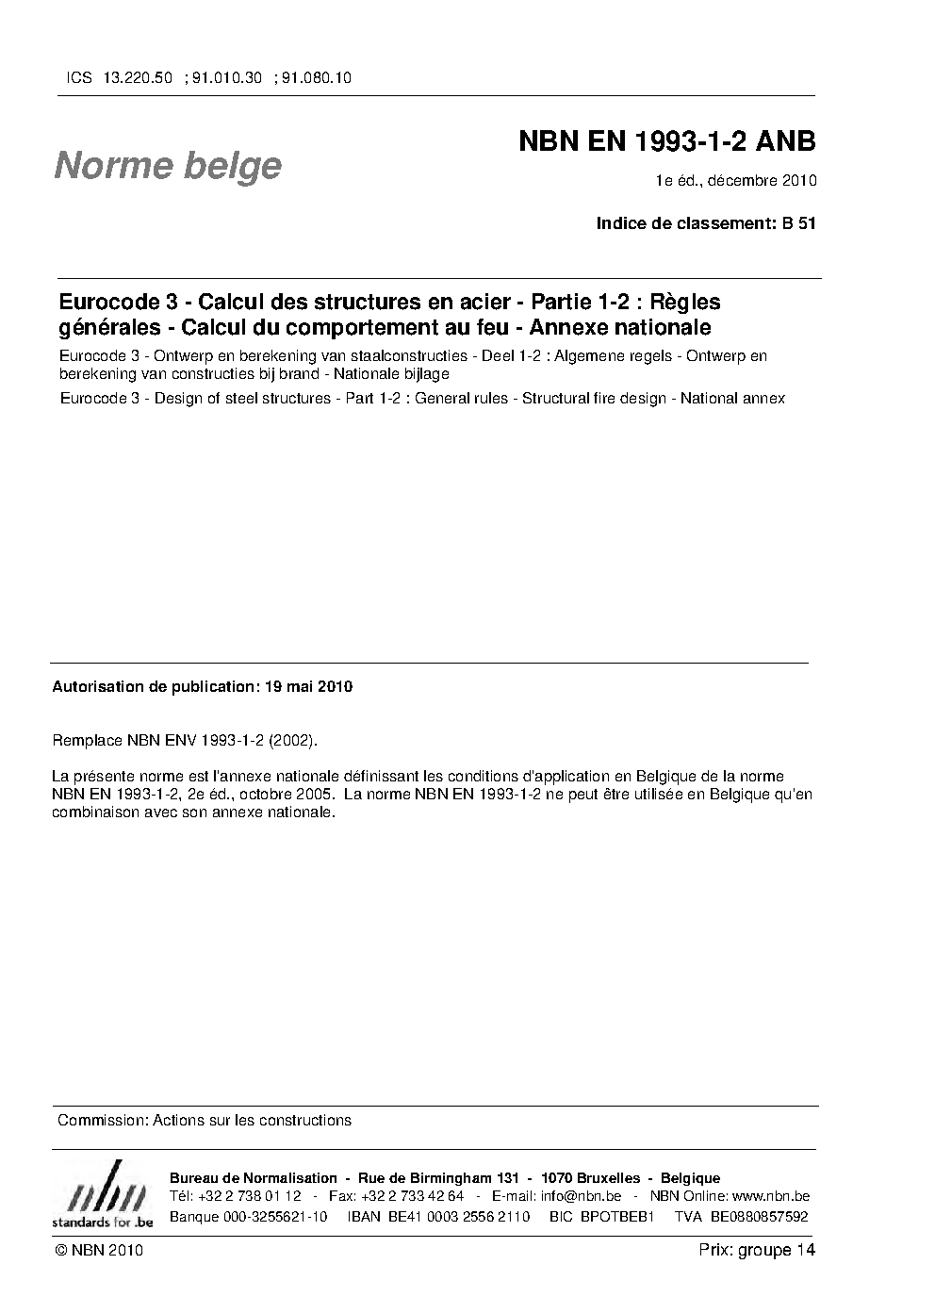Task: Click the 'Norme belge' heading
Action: pyautogui.click(x=168, y=166)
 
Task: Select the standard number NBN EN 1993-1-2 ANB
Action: pyautogui.click(x=666, y=141)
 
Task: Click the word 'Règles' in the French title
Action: pyautogui.click(x=685, y=303)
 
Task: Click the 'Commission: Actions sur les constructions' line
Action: pyautogui.click(x=205, y=1120)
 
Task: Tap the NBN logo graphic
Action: pyautogui.click(x=102, y=1192)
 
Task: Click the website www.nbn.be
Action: pyautogui.click(x=770, y=1197)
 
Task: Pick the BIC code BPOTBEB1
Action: pyautogui.click(x=617, y=1216)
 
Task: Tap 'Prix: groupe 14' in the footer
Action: pyautogui.click(x=757, y=1250)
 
